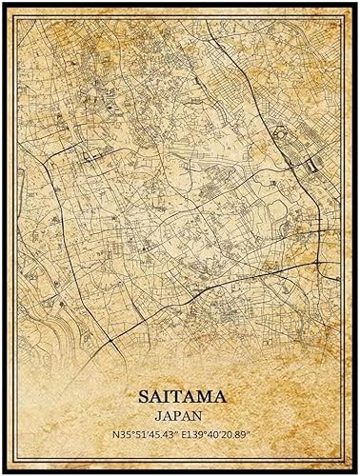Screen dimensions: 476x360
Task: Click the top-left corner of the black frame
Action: tap(3, 3)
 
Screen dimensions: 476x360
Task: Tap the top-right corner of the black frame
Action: tap(357, 3)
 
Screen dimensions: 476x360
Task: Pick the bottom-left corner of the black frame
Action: tap(3, 472)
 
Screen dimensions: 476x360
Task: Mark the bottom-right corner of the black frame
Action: tap(357, 472)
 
